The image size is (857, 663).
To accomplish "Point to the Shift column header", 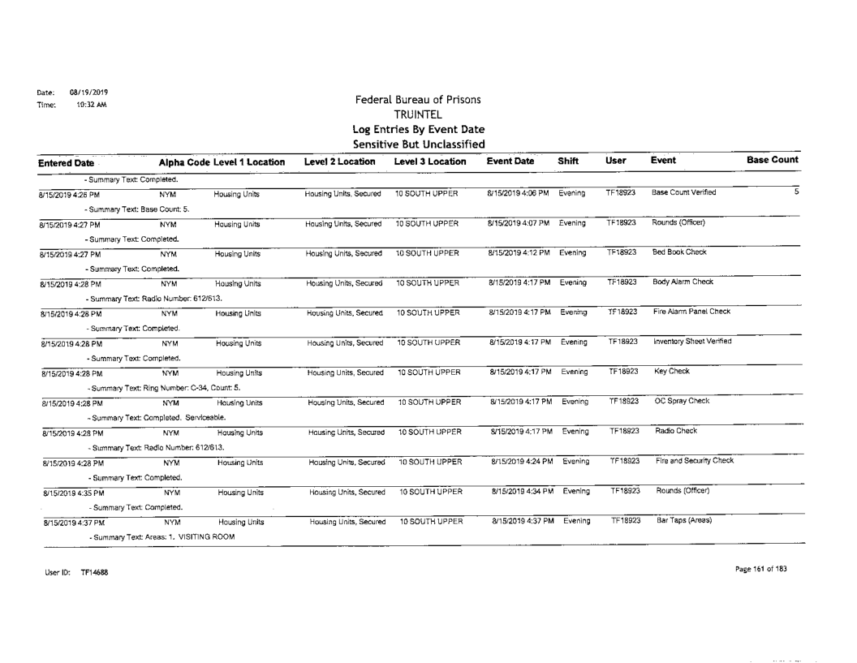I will pos(566,161).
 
